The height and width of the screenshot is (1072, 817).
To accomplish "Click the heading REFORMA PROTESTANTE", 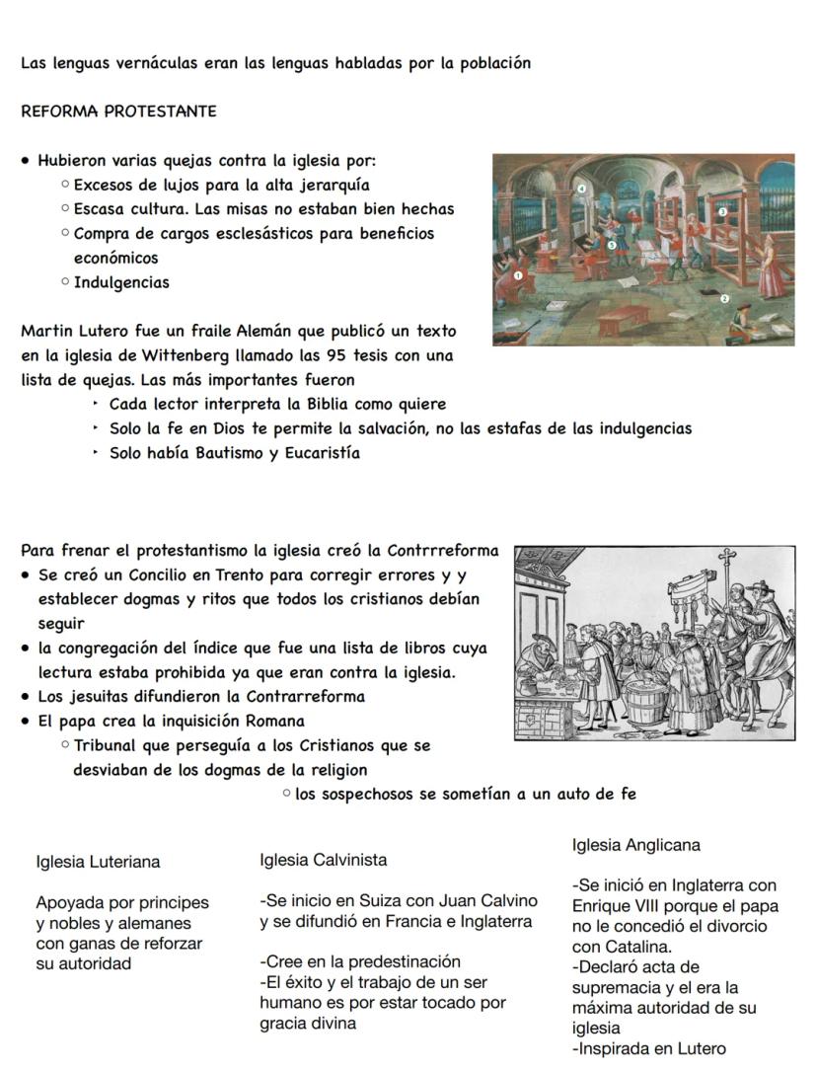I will tap(118, 112).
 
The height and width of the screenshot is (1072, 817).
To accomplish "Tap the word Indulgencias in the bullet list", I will tap(121, 282).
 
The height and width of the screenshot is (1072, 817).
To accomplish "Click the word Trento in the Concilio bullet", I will tap(235, 574).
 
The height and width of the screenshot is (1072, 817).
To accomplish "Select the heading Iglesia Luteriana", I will tap(98, 862).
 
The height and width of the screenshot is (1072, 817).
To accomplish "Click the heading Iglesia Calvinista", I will tap(323, 860).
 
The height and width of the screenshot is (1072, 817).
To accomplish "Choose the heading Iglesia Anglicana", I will tap(635, 845).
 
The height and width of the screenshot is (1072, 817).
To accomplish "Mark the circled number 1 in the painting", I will tap(518, 276).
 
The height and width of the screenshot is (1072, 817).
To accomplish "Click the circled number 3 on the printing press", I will tap(722, 212).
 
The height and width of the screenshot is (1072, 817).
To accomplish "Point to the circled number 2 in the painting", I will tap(724, 298).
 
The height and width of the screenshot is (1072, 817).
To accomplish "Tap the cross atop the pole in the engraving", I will tap(727, 556).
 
